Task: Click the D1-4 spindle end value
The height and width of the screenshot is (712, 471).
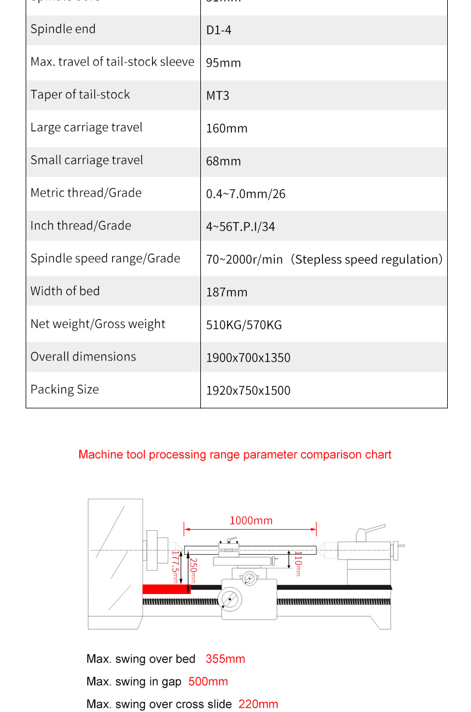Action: pyautogui.click(x=219, y=30)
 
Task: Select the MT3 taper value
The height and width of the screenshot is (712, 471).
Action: pyautogui.click(x=218, y=95)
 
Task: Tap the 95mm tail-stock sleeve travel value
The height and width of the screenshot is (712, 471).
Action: pyautogui.click(x=224, y=63)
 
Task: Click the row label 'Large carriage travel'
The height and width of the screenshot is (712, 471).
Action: pyautogui.click(x=86, y=128)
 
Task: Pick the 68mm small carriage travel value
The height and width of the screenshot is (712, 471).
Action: pyautogui.click(x=224, y=161)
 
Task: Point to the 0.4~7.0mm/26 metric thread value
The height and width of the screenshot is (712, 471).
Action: pyautogui.click(x=246, y=194)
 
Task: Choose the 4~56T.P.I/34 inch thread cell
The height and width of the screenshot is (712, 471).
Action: pyautogui.click(x=241, y=226)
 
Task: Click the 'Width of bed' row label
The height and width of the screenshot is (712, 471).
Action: pyautogui.click(x=65, y=291)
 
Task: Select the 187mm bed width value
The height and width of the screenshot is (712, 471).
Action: pyautogui.click(x=227, y=292)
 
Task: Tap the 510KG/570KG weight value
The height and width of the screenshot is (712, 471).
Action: pyautogui.click(x=244, y=325)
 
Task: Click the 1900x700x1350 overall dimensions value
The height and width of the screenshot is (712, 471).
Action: pyautogui.click(x=248, y=357)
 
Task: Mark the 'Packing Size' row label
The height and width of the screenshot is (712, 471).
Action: pyautogui.click(x=64, y=390)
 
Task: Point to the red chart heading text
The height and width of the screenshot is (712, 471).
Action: pyautogui.click(x=235, y=455)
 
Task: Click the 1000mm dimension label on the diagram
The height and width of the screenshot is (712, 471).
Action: pyautogui.click(x=251, y=521)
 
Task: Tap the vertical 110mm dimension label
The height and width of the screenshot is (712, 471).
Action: pyautogui.click(x=298, y=564)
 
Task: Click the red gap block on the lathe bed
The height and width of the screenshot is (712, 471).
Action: pyautogui.click(x=166, y=589)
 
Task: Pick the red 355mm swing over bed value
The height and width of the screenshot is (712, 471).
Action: pyautogui.click(x=225, y=659)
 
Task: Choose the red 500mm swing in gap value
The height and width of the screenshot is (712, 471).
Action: pyautogui.click(x=208, y=682)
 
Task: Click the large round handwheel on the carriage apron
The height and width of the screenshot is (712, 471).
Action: pyautogui.click(x=230, y=598)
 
